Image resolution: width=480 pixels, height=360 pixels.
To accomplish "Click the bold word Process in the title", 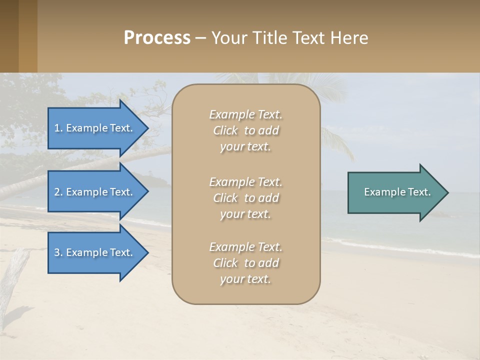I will click(157, 38).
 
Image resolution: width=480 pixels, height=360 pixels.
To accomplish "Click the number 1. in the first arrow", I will click(58, 128).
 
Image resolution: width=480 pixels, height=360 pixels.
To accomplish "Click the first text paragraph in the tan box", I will click(246, 130).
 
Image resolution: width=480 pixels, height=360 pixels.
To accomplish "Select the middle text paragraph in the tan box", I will click(246, 198).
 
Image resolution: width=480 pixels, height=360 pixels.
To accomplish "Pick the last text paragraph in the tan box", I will click(246, 263).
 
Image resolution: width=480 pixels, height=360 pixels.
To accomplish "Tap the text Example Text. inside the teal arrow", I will click(397, 192).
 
